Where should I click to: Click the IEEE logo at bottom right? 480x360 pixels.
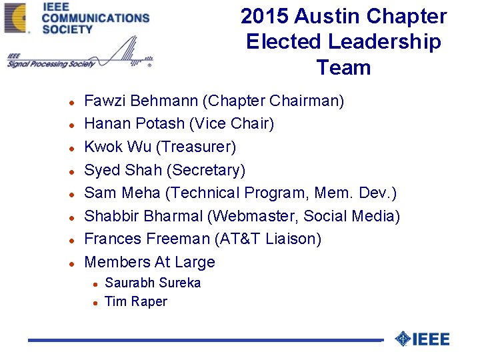423,339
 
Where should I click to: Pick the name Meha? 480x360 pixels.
141,193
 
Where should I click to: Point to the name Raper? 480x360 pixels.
149,301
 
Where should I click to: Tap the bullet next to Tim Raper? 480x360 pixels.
96,303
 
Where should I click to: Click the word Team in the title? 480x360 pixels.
343,67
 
